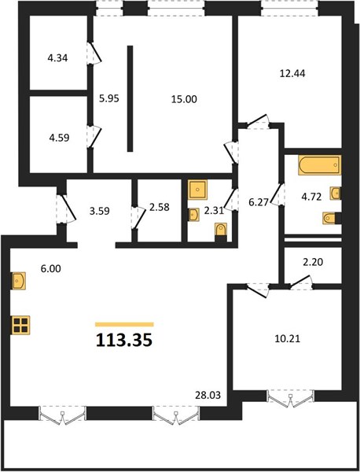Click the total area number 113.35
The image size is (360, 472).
click(x=124, y=341)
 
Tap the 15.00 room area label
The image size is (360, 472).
click(x=184, y=99)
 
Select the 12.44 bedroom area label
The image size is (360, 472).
click(x=292, y=73)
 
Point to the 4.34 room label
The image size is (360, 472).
click(x=57, y=57)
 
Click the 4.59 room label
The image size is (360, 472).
click(x=59, y=138)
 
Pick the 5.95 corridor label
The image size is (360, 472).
click(x=109, y=98)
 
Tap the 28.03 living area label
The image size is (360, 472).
click(x=208, y=395)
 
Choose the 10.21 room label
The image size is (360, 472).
click(x=288, y=339)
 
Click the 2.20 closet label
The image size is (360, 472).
click(x=313, y=262)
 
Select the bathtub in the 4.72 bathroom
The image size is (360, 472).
click(x=319, y=164)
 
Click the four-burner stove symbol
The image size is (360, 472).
click(x=21, y=325)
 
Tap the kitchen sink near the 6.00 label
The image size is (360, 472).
click(x=19, y=281)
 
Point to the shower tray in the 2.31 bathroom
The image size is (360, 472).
click(x=197, y=190)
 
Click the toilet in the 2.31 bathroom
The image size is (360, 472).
click(x=221, y=232)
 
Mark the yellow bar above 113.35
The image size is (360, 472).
click(x=124, y=324)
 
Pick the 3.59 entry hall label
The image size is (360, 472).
click(x=100, y=211)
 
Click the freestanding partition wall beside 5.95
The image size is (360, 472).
click(x=130, y=98)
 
